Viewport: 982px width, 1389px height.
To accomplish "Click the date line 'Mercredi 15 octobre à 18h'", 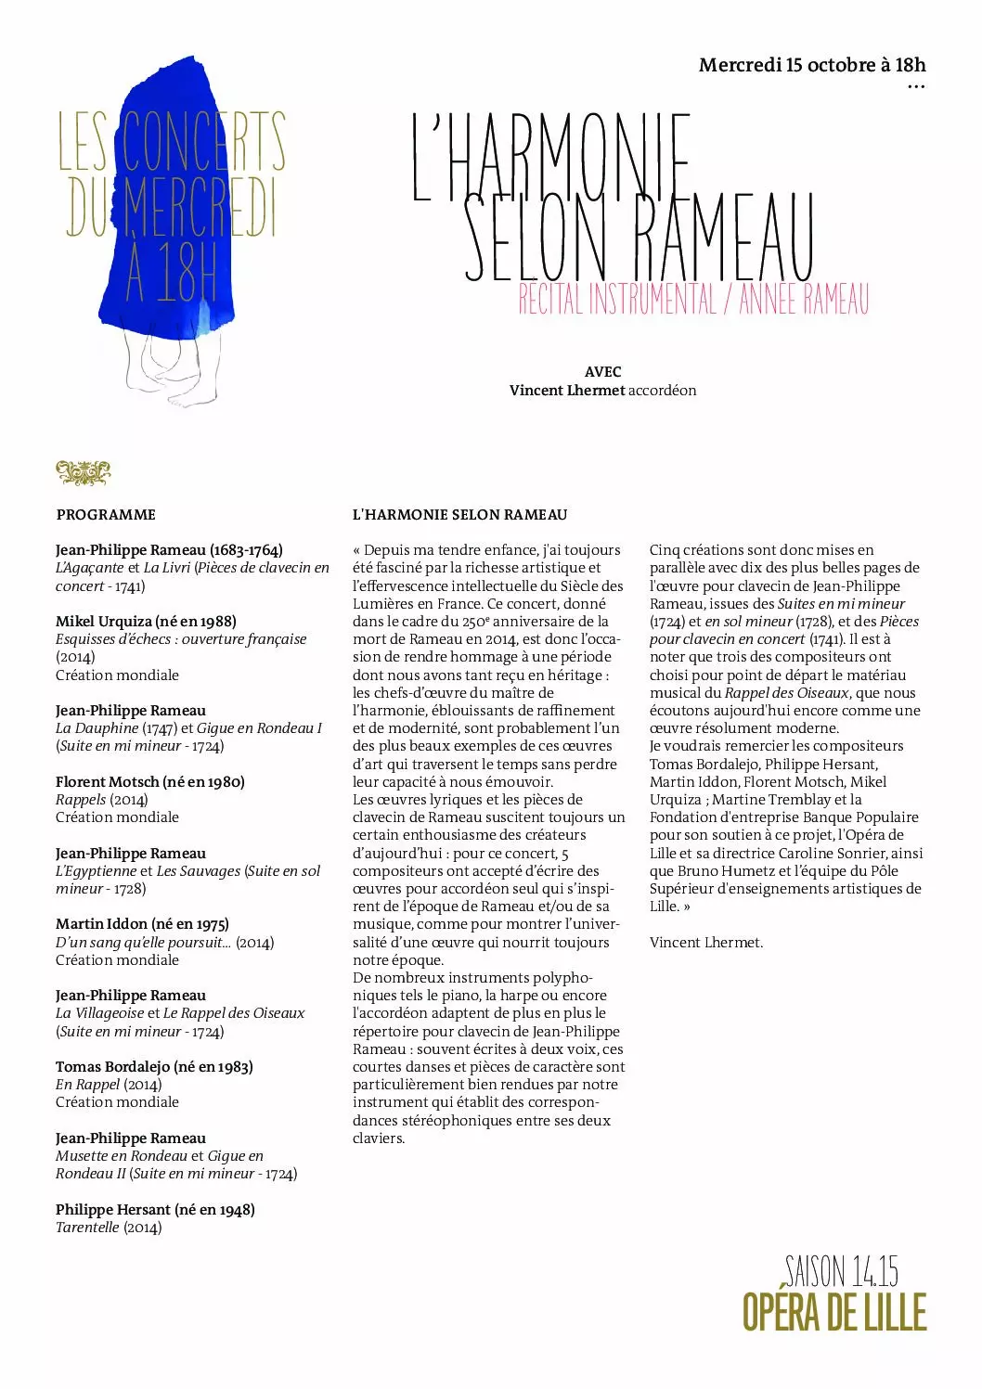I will tap(812, 65).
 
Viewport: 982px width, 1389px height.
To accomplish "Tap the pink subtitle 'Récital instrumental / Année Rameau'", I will tap(693, 299).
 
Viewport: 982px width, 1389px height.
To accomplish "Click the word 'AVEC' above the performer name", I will tap(602, 372).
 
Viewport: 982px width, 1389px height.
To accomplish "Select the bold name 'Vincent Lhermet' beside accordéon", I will tap(566, 391).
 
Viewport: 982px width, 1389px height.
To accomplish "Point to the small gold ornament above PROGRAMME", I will tap(83, 473).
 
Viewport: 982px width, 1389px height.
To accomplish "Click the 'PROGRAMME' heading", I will tap(106, 515).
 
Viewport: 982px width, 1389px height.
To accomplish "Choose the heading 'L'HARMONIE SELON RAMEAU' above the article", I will tap(459, 515).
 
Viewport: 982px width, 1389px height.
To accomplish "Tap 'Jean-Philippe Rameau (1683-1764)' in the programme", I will tap(169, 550).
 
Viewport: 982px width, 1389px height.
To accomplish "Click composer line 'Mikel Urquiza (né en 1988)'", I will tap(146, 622).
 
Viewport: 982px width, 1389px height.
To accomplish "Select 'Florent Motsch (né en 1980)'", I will tap(149, 782).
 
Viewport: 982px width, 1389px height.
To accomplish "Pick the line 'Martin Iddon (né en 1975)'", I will tap(142, 924).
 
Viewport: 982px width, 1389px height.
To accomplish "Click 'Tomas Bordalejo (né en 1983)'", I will tap(154, 1067).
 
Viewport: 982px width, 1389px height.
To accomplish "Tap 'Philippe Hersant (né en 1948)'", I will tap(155, 1210).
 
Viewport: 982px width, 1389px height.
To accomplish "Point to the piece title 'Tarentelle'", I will tap(87, 1228).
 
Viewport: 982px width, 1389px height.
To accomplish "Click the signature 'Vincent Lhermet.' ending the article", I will tap(705, 943).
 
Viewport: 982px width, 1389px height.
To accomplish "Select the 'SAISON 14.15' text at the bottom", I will tap(841, 1271).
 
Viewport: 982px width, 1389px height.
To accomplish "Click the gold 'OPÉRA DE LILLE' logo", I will tap(834, 1312).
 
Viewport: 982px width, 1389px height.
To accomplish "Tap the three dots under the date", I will tap(915, 87).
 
